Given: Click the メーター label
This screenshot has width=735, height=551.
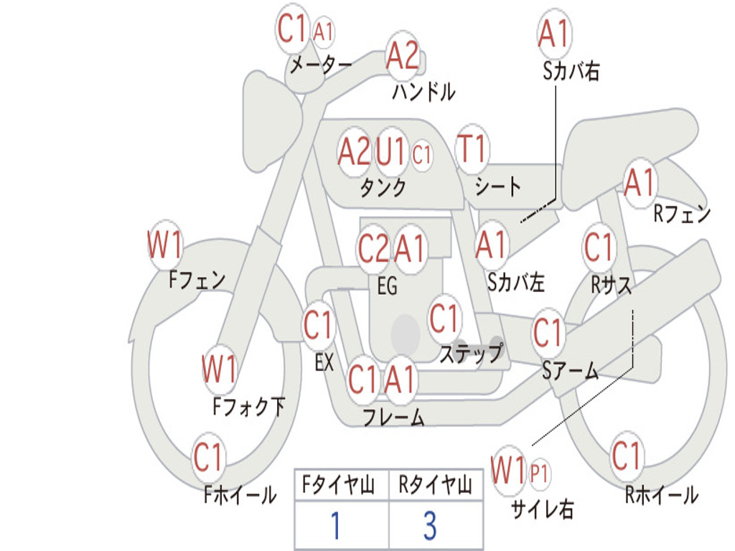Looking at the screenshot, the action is click(321, 65).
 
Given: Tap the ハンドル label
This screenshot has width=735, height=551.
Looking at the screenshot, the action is click(423, 91).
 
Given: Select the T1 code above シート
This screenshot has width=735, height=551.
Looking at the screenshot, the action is click(472, 149).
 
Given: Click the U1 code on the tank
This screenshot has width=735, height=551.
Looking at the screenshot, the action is click(390, 151).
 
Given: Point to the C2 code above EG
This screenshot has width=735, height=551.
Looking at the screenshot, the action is click(373, 248).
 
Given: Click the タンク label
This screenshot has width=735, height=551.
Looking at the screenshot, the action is click(383, 188).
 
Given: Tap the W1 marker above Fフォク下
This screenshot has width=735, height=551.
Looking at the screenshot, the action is click(220, 369).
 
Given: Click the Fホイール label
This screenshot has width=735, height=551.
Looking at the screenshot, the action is click(240, 495).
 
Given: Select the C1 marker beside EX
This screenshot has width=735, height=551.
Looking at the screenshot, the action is click(318, 324).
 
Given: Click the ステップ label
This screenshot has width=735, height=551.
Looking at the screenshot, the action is click(471, 353).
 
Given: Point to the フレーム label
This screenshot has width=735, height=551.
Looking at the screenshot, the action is click(394, 417).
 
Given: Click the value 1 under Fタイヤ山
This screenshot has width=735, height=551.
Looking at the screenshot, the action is click(335, 525).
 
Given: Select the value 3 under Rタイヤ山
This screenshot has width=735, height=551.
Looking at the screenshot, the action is click(431, 525).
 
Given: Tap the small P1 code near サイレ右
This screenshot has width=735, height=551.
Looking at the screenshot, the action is click(539, 474).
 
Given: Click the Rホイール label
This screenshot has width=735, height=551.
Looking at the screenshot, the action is click(661, 495).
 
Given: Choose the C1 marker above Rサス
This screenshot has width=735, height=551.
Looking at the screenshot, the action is click(599, 247).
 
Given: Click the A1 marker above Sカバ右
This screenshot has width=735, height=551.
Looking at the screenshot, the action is click(555, 33).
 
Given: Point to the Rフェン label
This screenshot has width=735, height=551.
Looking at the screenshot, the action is click(682, 214).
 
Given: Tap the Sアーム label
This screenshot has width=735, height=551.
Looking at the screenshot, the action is click(571, 371).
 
